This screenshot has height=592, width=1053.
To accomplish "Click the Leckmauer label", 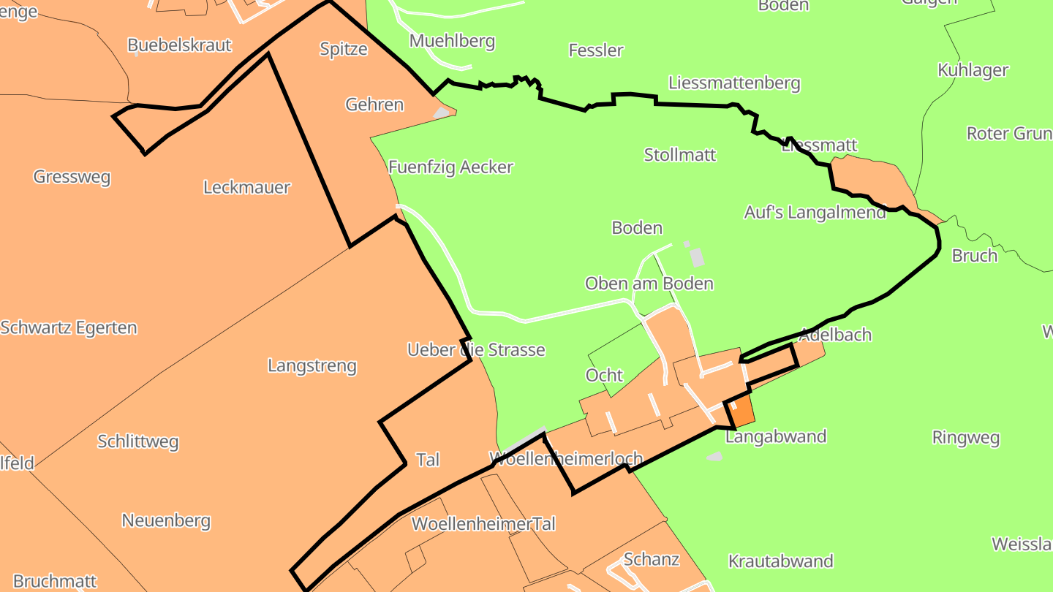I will click(246, 188).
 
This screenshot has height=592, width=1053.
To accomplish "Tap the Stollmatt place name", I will click(679, 155).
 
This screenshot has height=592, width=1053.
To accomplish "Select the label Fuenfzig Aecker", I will click(450, 167).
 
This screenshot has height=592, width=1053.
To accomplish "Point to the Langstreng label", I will click(312, 365).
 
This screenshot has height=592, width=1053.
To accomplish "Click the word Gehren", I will click(374, 105).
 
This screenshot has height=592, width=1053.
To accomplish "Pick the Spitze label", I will click(343, 49).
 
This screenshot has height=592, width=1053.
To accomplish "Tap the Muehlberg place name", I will click(452, 41).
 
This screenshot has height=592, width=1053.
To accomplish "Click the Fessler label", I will click(596, 50).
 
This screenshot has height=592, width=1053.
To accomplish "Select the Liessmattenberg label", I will click(734, 83).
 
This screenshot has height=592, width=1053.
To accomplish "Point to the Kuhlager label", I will click(973, 70).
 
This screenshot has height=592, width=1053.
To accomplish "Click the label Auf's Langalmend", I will click(815, 213).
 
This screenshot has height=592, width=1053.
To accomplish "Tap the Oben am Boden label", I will click(649, 284).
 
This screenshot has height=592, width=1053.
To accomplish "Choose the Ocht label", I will click(604, 376).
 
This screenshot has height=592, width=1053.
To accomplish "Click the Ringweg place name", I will click(965, 438).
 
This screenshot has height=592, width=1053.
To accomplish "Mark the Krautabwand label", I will click(780, 561).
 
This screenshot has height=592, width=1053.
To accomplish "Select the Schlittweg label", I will click(137, 441).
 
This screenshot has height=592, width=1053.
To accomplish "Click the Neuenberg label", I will click(166, 521).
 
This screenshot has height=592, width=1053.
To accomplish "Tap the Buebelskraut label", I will click(179, 45).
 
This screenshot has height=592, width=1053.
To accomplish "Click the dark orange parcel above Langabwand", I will click(741, 412).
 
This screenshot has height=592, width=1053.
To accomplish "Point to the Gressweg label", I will click(72, 177).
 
